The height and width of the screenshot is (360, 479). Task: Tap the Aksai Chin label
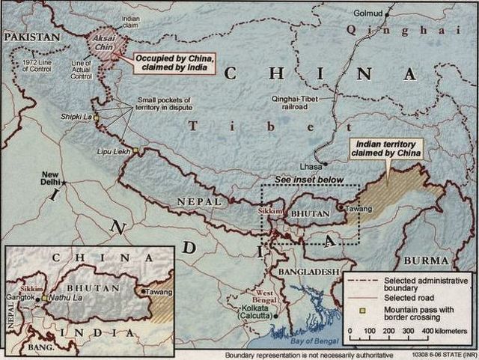point(104,44)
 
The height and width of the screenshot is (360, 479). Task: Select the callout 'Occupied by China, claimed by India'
point(173,63)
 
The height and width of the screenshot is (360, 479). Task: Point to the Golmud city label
point(368,13)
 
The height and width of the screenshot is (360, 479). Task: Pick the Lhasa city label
point(311,165)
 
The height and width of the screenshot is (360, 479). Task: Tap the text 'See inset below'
point(308,180)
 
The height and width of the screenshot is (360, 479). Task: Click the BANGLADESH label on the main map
point(308,272)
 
